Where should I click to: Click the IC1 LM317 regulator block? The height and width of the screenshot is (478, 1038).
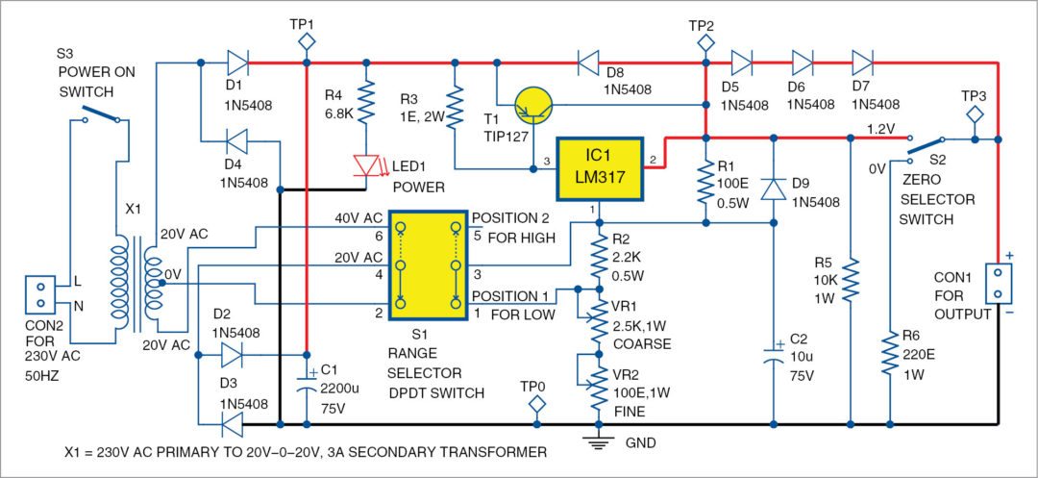point(599,168)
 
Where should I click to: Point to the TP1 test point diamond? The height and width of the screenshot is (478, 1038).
point(307,40)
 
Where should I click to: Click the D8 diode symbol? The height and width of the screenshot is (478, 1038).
point(589,64)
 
